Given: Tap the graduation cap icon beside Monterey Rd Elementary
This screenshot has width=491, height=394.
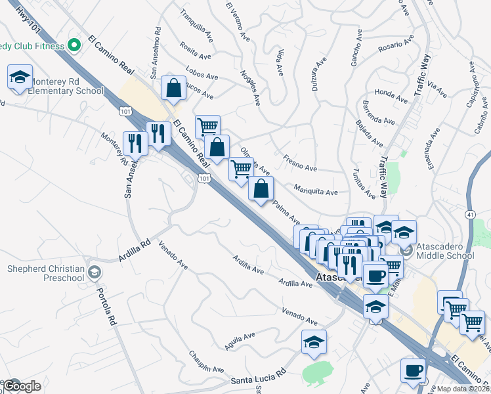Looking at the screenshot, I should [x=20, y=78].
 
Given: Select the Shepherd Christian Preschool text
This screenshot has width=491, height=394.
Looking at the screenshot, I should [x=46, y=273].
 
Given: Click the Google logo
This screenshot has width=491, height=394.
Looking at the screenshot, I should [x=22, y=385].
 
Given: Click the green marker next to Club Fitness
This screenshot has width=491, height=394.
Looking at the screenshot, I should [x=74, y=45].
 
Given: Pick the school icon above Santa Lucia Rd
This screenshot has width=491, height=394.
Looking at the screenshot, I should [x=314, y=342].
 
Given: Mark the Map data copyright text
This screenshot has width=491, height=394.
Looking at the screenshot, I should [x=463, y=389].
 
